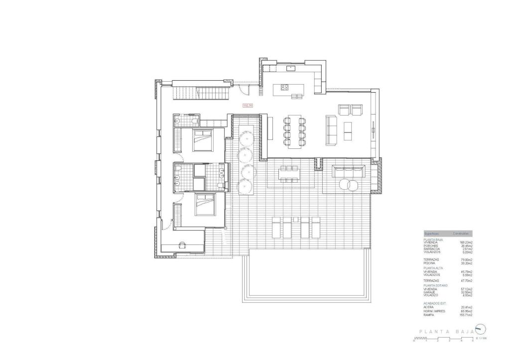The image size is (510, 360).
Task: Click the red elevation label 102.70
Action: [248, 106]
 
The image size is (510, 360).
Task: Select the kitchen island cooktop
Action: [284, 87]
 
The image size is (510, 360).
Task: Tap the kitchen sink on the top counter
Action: [291, 68]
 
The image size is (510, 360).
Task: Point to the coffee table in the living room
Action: [347, 130]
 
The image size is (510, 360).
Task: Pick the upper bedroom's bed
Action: [203, 140]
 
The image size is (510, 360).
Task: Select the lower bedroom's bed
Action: [204, 205]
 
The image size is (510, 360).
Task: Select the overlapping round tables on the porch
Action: [348, 185]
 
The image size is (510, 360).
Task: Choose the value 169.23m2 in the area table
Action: [466, 242]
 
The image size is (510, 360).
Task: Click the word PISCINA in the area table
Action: [431, 262]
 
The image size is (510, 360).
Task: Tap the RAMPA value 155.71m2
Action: [466, 315]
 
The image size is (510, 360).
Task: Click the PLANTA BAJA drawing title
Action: [441, 331]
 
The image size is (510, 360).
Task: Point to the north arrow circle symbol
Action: [480, 329]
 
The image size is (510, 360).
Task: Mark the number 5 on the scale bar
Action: [473, 341]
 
